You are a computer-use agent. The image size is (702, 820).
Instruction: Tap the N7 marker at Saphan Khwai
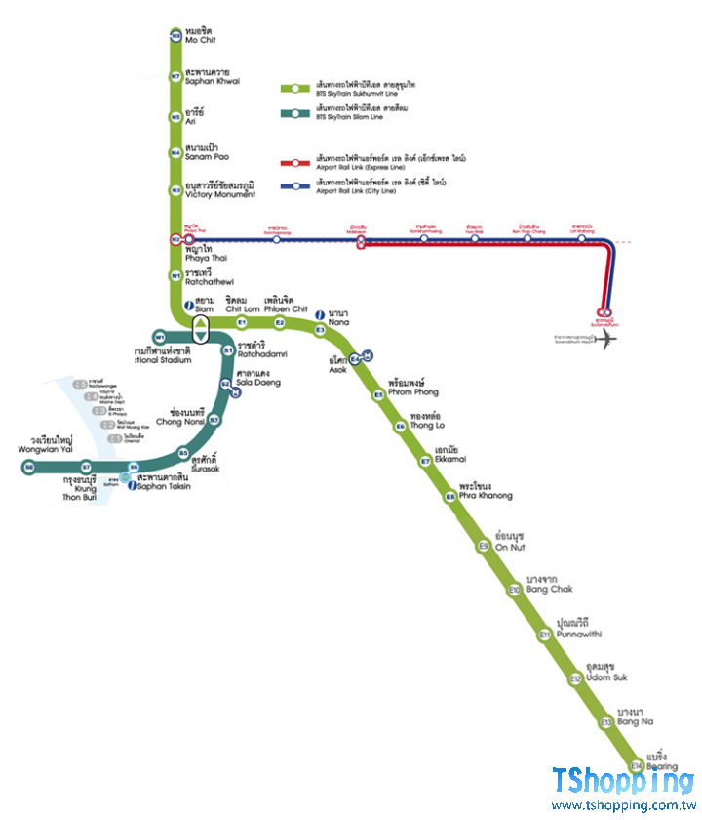click(175, 75)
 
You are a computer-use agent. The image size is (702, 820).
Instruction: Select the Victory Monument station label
click(219, 189)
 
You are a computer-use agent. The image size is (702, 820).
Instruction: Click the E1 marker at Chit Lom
click(242, 322)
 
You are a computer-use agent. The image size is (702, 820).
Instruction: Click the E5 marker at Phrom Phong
click(378, 394)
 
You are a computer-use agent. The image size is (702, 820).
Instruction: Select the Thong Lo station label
click(427, 421)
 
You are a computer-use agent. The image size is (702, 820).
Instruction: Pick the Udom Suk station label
click(605, 673)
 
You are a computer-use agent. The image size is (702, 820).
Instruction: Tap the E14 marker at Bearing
click(636, 765)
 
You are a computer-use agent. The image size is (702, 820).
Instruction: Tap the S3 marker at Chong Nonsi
click(214, 420)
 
